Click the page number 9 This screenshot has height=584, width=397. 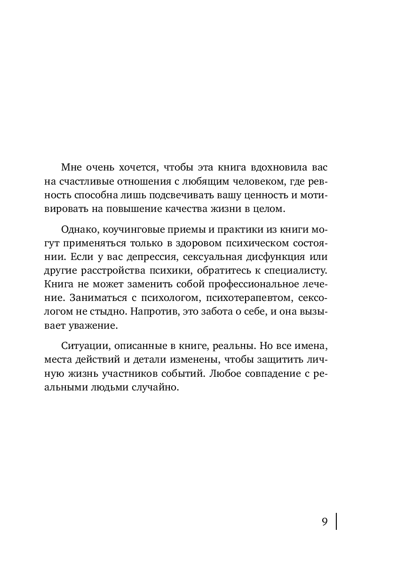[x=325, y=522]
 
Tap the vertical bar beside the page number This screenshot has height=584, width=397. [x=336, y=521]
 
